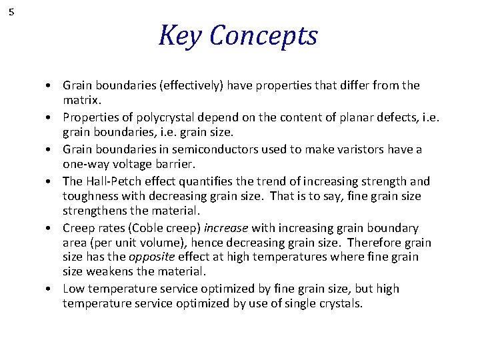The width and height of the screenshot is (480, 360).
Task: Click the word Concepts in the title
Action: [x=263, y=37]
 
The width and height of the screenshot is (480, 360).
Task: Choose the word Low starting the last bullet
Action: [x=73, y=289]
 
